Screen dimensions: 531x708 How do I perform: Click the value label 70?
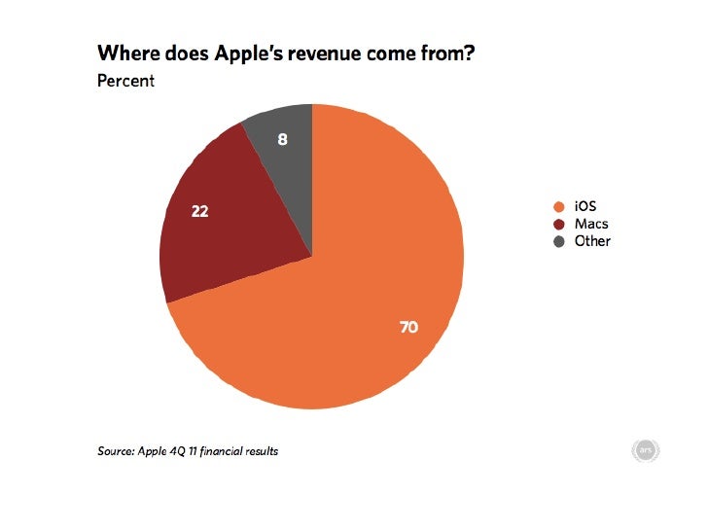[408, 328]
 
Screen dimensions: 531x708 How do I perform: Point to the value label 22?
[198, 210]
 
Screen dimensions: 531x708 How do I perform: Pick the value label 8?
[282, 139]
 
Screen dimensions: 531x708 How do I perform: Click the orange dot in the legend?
[558, 206]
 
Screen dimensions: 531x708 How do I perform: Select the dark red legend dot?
[558, 224]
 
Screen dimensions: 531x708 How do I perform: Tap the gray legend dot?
[558, 241]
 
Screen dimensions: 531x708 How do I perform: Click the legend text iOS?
[584, 206]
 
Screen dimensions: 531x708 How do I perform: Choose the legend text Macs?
[591, 224]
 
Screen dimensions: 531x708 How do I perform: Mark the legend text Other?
[592, 241]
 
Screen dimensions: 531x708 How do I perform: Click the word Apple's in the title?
[230, 55]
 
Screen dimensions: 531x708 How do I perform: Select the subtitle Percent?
[125, 81]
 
